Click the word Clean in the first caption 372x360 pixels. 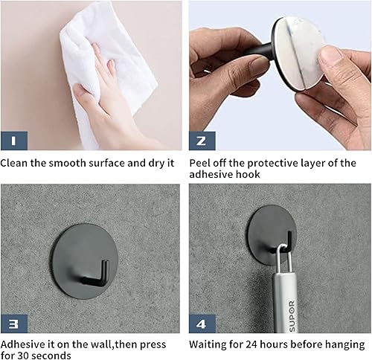point(15,162)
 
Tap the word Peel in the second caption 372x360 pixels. point(202,162)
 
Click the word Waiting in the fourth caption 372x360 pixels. point(211,344)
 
